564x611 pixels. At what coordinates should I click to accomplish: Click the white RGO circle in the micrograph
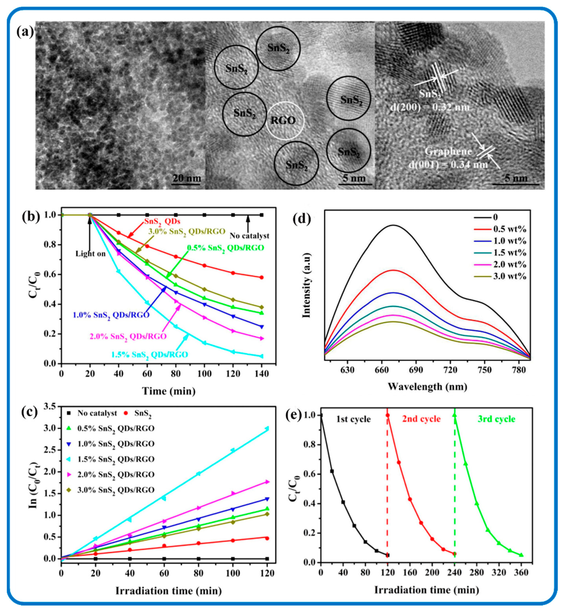click(285, 121)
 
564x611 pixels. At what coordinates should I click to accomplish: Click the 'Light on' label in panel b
click(90, 254)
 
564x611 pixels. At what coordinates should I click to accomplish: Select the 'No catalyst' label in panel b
click(249, 236)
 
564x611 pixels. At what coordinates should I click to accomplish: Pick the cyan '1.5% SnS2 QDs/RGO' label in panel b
click(150, 354)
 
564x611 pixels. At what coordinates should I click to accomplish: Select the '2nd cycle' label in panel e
click(421, 419)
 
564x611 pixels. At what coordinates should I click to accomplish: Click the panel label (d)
click(302, 219)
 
